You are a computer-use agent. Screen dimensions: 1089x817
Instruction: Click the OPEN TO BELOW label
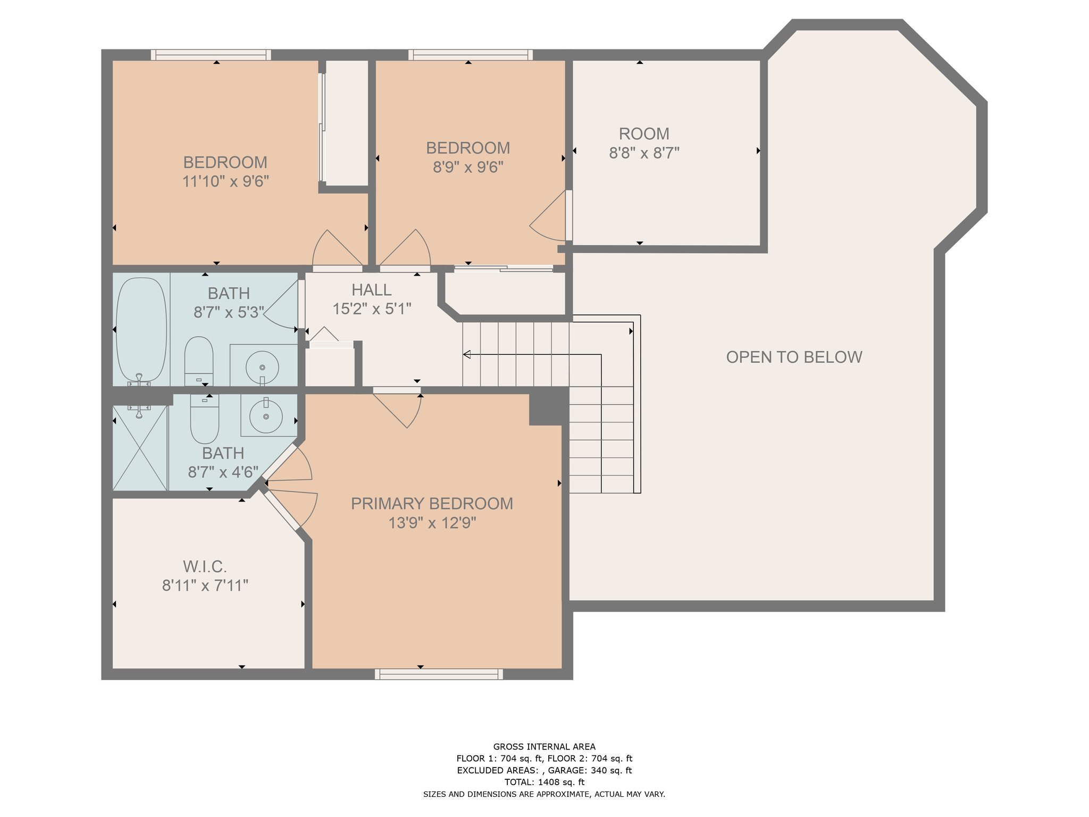794,357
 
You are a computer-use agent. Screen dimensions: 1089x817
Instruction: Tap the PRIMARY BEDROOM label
432,504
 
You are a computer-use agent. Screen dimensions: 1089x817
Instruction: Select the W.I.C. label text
205,566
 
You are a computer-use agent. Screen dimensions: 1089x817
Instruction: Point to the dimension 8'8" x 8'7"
644,153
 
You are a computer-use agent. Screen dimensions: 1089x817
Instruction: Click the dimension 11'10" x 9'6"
225,181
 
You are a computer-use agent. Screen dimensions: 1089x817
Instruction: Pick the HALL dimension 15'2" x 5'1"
372,309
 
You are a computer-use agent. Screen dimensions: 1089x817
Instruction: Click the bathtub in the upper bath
141,330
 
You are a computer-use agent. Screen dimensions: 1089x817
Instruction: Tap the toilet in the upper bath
199,361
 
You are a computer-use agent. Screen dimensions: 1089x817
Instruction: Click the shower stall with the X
140,448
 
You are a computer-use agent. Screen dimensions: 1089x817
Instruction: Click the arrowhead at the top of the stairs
467,354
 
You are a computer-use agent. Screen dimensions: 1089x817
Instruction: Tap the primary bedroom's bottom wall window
439,674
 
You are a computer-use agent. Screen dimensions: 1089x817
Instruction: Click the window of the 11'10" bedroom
211,55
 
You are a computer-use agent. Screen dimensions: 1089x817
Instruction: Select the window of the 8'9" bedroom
471,55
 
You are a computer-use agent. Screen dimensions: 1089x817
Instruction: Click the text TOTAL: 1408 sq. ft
544,782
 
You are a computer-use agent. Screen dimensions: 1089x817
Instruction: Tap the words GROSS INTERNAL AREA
544,747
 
